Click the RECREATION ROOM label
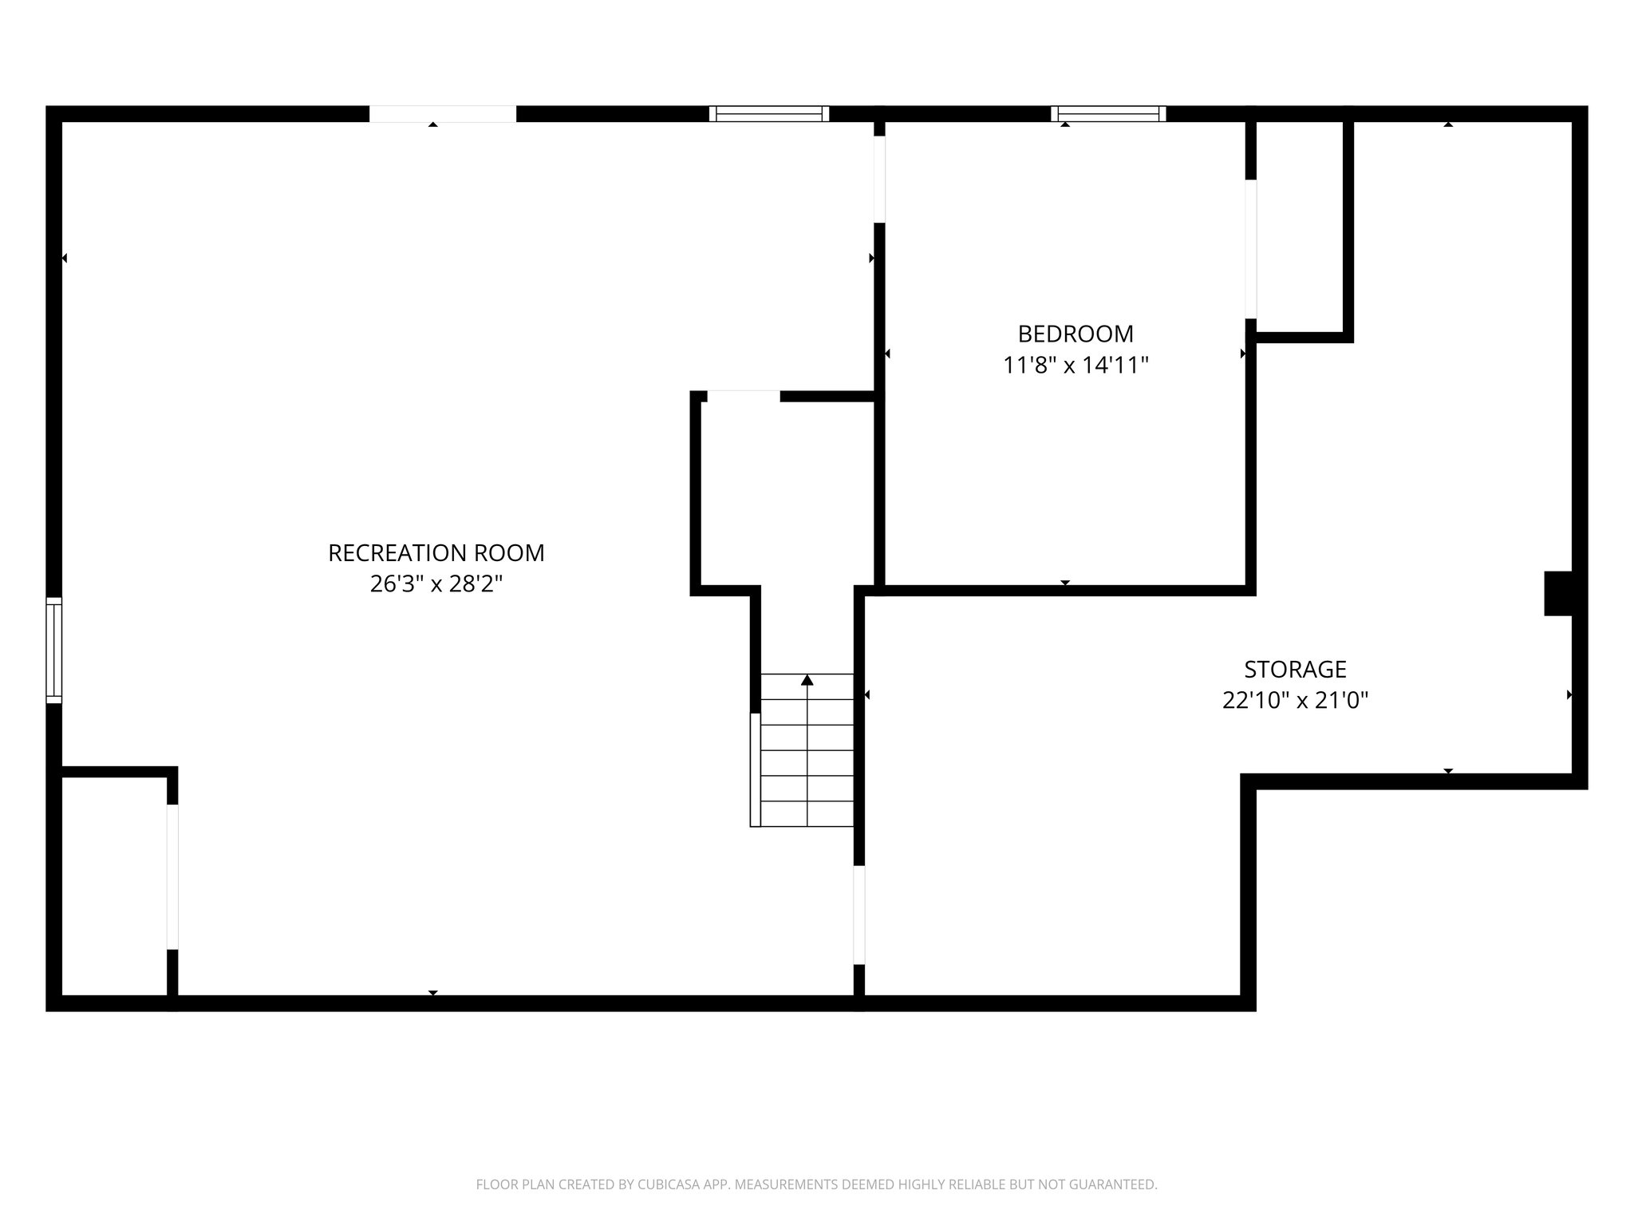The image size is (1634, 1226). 436,552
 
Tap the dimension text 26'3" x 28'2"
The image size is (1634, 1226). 436,584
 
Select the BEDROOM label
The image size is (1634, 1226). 1075,334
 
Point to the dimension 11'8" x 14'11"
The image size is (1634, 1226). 1075,366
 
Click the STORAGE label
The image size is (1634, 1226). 1295,669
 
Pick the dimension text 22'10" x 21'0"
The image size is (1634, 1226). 1295,701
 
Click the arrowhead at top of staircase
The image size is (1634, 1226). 807,680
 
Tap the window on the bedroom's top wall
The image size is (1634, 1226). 1108,113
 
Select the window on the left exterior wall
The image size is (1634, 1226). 53,650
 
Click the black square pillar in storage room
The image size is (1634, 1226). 1557,593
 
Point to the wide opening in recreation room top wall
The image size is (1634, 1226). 442,113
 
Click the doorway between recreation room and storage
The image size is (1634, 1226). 859,915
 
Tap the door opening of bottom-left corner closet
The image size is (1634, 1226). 172,876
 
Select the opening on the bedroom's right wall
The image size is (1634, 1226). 1251,249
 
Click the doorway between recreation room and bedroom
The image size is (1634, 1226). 879,180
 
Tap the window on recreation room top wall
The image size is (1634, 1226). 769,113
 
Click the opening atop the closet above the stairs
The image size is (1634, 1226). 743,396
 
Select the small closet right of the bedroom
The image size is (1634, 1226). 1299,227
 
